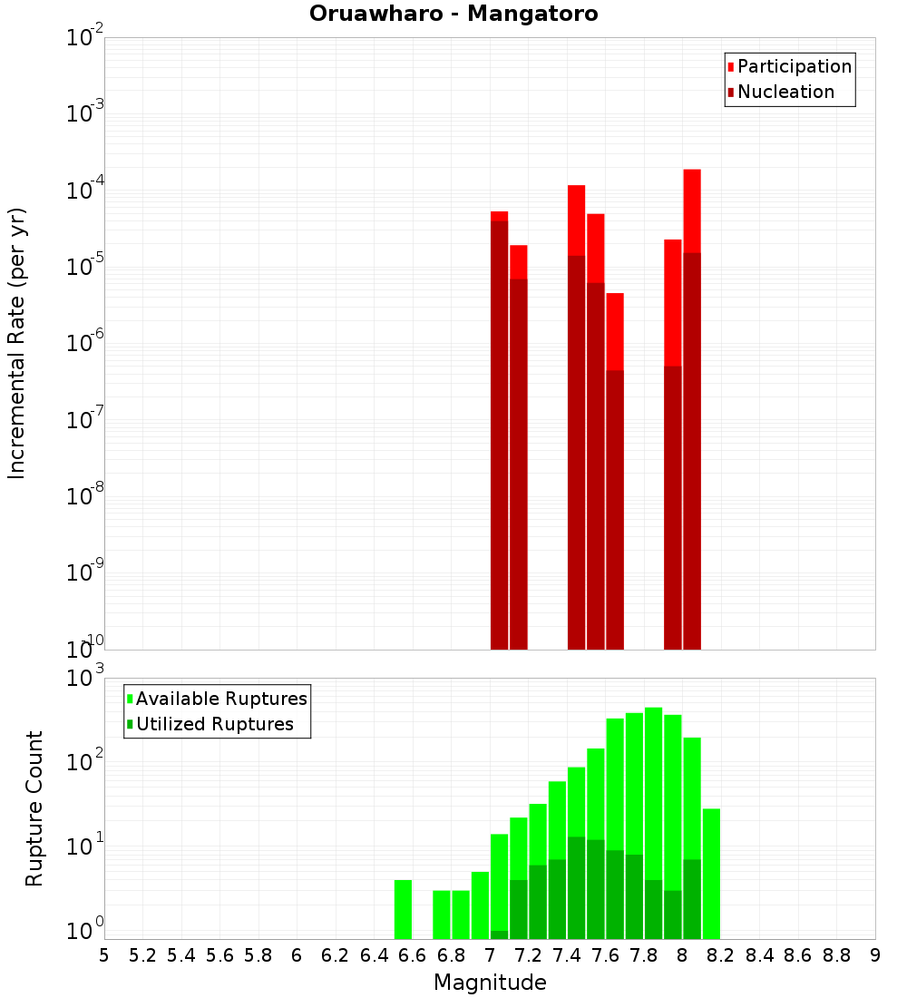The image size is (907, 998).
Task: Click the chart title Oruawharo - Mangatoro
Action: (453, 15)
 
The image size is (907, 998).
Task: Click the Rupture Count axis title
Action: (34, 808)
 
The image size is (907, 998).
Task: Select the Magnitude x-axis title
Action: (490, 983)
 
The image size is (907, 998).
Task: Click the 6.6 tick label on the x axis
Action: (413, 955)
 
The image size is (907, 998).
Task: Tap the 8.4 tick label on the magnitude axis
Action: (759, 955)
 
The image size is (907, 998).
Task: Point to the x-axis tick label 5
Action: (104, 955)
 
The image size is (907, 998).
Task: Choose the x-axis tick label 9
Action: (875, 955)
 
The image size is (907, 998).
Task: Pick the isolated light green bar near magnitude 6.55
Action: (404, 909)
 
